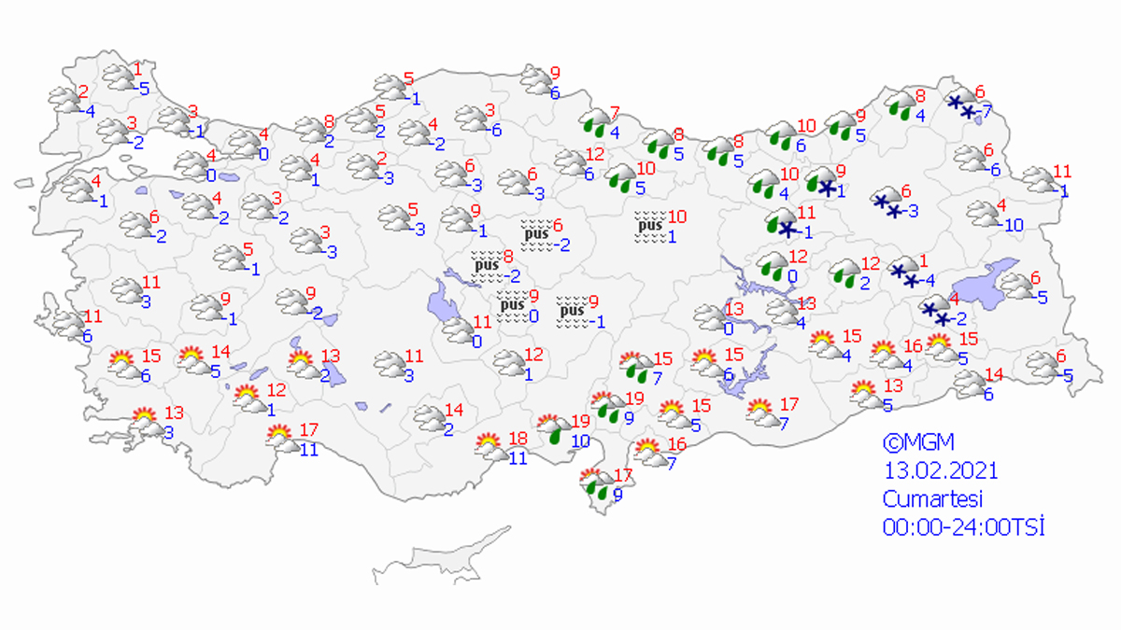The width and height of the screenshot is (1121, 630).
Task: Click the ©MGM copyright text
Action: (x=919, y=441)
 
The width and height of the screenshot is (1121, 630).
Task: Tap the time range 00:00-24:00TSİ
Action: (x=963, y=526)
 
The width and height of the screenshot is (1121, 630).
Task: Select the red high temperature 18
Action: (x=518, y=439)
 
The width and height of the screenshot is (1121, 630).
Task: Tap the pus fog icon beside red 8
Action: (x=486, y=264)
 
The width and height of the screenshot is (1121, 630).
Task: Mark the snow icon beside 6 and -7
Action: (x=960, y=105)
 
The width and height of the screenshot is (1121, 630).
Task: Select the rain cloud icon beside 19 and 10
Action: (x=557, y=429)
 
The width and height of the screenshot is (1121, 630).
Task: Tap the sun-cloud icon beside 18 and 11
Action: (x=490, y=447)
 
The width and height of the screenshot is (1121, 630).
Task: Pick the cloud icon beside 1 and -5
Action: (x=120, y=78)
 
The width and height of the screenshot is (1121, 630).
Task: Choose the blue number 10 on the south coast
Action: (x=580, y=441)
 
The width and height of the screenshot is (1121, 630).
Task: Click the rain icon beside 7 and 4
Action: (x=594, y=122)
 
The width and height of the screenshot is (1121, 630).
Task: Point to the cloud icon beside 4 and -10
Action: (x=983, y=214)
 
